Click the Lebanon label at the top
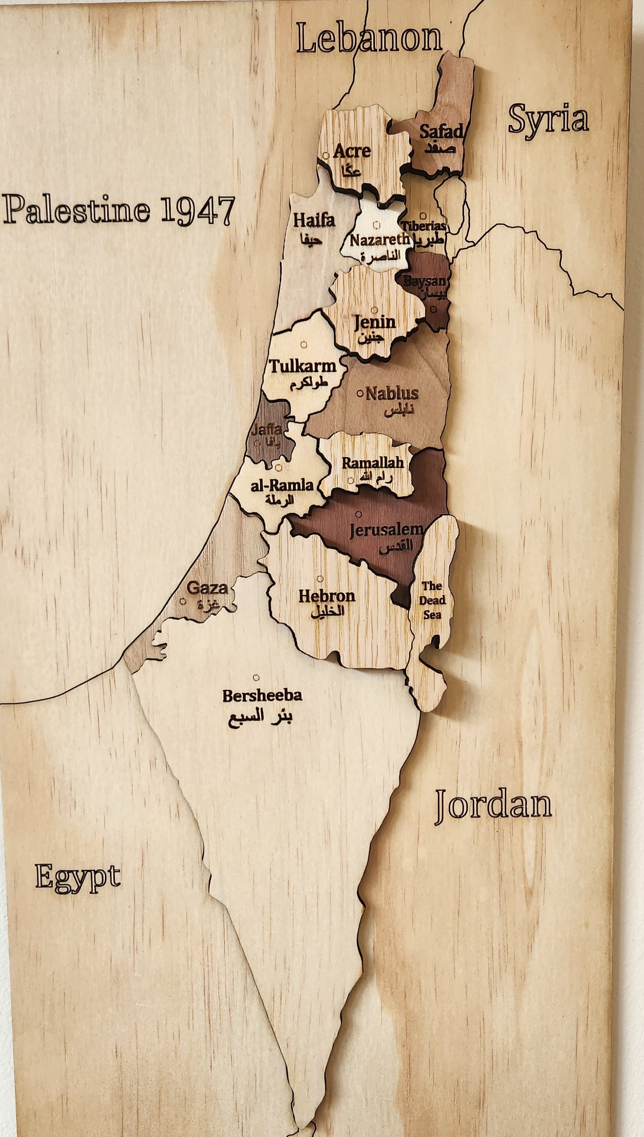(x=369, y=38)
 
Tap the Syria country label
(x=548, y=119)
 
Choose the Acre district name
(x=352, y=151)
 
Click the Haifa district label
(x=314, y=220)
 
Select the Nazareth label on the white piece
(x=379, y=240)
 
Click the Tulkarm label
(x=303, y=367)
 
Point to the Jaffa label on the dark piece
(x=266, y=430)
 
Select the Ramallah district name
(x=373, y=462)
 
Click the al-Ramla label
(x=282, y=485)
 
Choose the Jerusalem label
(x=386, y=530)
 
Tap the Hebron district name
(x=327, y=596)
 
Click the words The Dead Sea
(x=431, y=600)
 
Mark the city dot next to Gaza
(x=183, y=601)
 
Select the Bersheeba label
(x=262, y=695)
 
